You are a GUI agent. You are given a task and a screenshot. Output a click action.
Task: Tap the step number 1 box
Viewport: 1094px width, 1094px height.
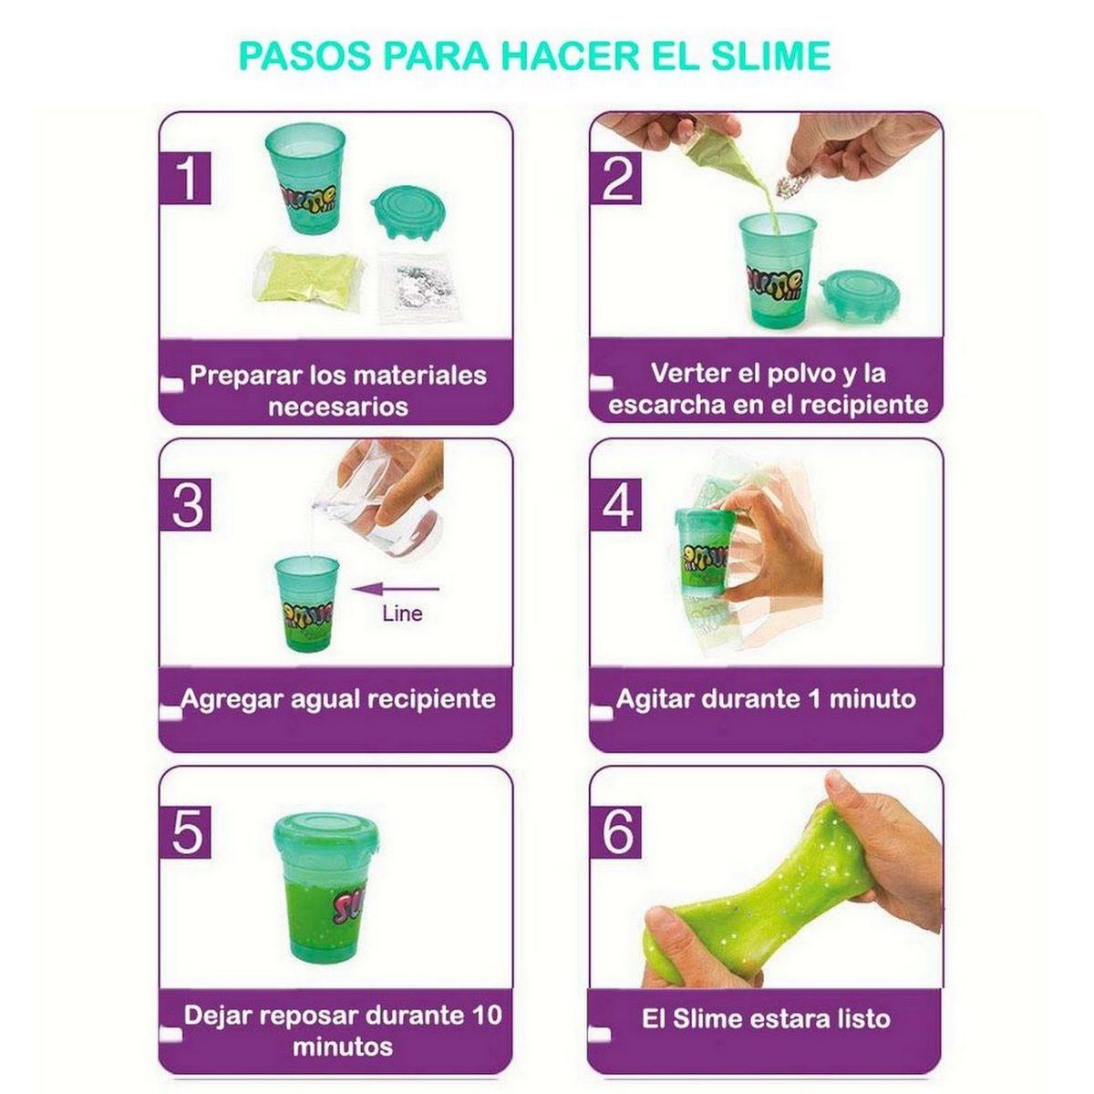188,179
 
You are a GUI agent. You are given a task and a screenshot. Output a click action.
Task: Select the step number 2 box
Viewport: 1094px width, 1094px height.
618,179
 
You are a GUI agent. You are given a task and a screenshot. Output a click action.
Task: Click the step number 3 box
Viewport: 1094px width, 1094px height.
188,504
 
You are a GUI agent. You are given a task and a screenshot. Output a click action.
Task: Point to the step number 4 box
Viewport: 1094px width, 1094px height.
618,504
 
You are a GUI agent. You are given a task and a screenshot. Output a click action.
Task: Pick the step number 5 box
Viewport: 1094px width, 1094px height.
188,831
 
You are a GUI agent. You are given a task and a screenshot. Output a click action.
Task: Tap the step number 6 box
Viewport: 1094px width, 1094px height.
618,831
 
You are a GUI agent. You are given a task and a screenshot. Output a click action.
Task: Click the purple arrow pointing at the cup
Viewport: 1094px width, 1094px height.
401,588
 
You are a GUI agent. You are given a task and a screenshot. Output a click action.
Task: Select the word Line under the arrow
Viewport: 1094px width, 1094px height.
402,614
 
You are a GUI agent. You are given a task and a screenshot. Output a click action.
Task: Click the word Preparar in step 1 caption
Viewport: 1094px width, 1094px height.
246,376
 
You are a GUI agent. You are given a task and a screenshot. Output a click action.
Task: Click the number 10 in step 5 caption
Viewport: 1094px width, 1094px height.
488,1016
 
